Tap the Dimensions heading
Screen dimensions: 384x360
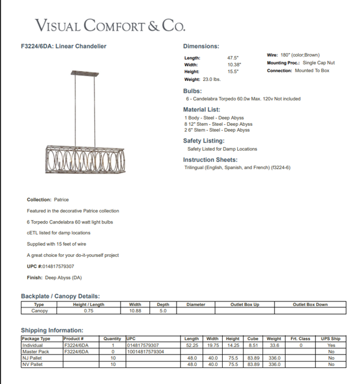[x=201, y=46]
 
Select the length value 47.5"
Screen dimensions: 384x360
[x=234, y=58]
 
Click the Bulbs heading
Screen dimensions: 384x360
[x=192, y=91]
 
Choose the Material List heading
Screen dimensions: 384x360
[x=201, y=110]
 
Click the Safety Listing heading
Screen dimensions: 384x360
[x=204, y=141]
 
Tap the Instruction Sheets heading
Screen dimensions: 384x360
[x=210, y=160]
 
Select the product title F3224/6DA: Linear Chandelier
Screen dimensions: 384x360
[x=63, y=46]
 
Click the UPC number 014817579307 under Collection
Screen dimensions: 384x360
[x=58, y=266]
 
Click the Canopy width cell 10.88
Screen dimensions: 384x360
[x=135, y=311]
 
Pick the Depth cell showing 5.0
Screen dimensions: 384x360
[x=163, y=311]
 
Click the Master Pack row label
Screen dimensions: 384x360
[x=36, y=352]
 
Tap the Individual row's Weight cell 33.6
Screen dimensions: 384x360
[x=274, y=345]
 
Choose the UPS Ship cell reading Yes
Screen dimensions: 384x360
[x=331, y=345]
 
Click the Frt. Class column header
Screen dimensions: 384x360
[x=300, y=339]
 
